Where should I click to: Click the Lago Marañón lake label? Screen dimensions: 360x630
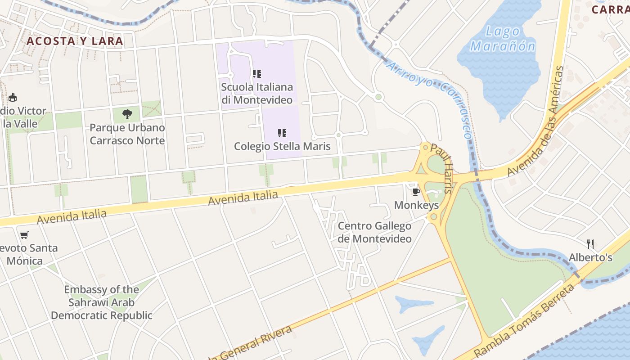click(503, 39)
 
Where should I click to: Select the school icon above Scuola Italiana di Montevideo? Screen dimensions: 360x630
click(257, 74)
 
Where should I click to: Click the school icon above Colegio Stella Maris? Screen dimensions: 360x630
click(282, 133)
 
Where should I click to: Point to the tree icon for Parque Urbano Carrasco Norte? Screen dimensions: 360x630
click(127, 114)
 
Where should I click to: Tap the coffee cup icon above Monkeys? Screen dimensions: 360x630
click(416, 192)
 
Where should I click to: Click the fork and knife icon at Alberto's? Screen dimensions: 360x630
click(590, 244)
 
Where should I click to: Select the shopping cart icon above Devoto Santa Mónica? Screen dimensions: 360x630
click(24, 235)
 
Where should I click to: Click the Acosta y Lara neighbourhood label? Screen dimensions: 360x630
click(75, 41)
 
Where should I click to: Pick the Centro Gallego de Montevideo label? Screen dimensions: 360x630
click(375, 232)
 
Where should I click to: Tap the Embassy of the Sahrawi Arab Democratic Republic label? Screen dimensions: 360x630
click(101, 302)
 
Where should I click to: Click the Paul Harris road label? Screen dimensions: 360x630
click(441, 168)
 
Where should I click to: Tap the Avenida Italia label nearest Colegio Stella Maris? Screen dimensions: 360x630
click(243, 198)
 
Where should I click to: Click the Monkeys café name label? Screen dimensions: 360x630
click(416, 206)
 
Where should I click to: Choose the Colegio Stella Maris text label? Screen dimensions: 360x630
click(282, 146)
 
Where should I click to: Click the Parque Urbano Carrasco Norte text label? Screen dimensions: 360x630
click(127, 134)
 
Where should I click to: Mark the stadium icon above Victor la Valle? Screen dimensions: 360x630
click(13, 97)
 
